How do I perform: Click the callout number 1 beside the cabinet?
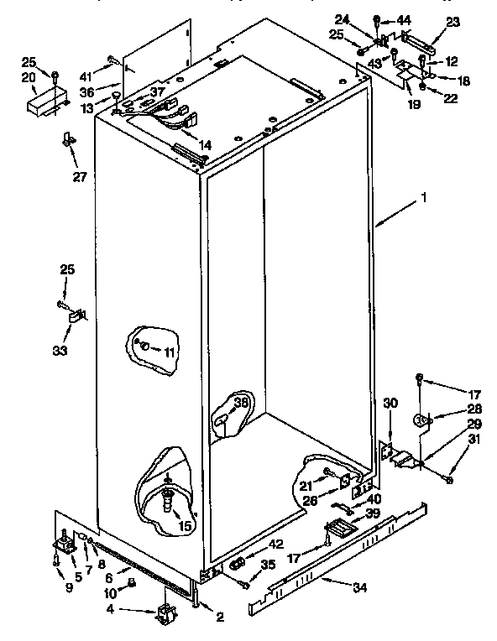tap(426, 199)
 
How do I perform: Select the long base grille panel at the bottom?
tap(336, 554)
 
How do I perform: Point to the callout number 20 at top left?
tap(29, 77)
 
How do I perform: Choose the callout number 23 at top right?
tap(453, 23)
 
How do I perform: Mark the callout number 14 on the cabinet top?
tap(206, 143)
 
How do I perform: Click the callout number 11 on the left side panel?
tap(170, 352)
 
